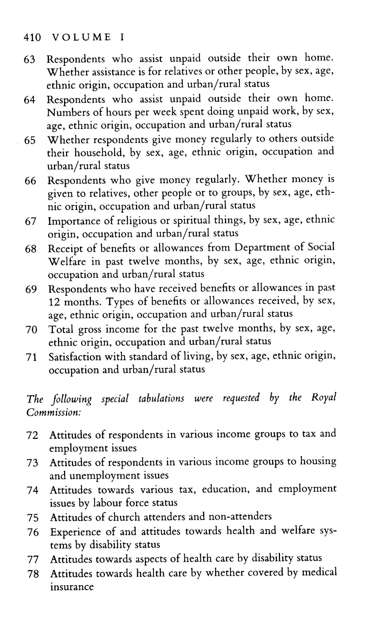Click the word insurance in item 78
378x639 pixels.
[x=72, y=587]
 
